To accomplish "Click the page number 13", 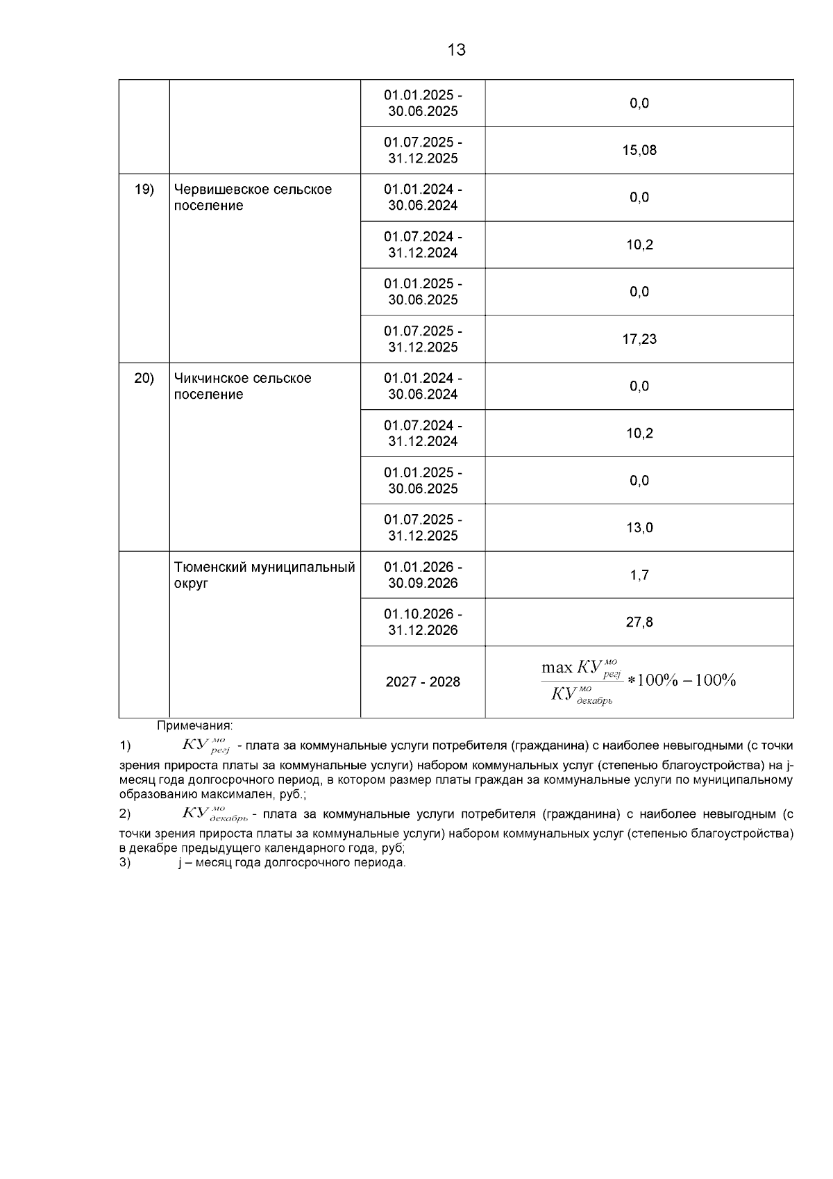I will tap(457, 50).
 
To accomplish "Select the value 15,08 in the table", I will tap(639, 150).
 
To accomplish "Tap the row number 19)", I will tap(144, 189).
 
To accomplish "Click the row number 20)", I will tap(144, 378).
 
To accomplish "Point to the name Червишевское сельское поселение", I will tap(253, 197).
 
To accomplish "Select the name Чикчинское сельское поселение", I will tap(242, 386).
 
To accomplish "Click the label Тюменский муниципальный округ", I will tap(264, 575).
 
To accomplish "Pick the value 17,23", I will tap(639, 339).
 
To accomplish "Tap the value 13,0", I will tap(639, 528).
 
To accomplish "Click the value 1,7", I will tap(639, 575).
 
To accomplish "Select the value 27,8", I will tap(639, 623).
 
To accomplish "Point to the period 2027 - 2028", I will tap(423, 682).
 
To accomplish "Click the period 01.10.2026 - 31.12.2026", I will tap(423, 623).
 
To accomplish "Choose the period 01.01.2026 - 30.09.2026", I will tap(423, 575).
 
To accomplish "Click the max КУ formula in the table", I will tap(638, 682).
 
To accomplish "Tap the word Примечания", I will tap(194, 726).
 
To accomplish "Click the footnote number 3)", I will tap(125, 863).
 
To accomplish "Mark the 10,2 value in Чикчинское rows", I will tap(639, 434).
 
